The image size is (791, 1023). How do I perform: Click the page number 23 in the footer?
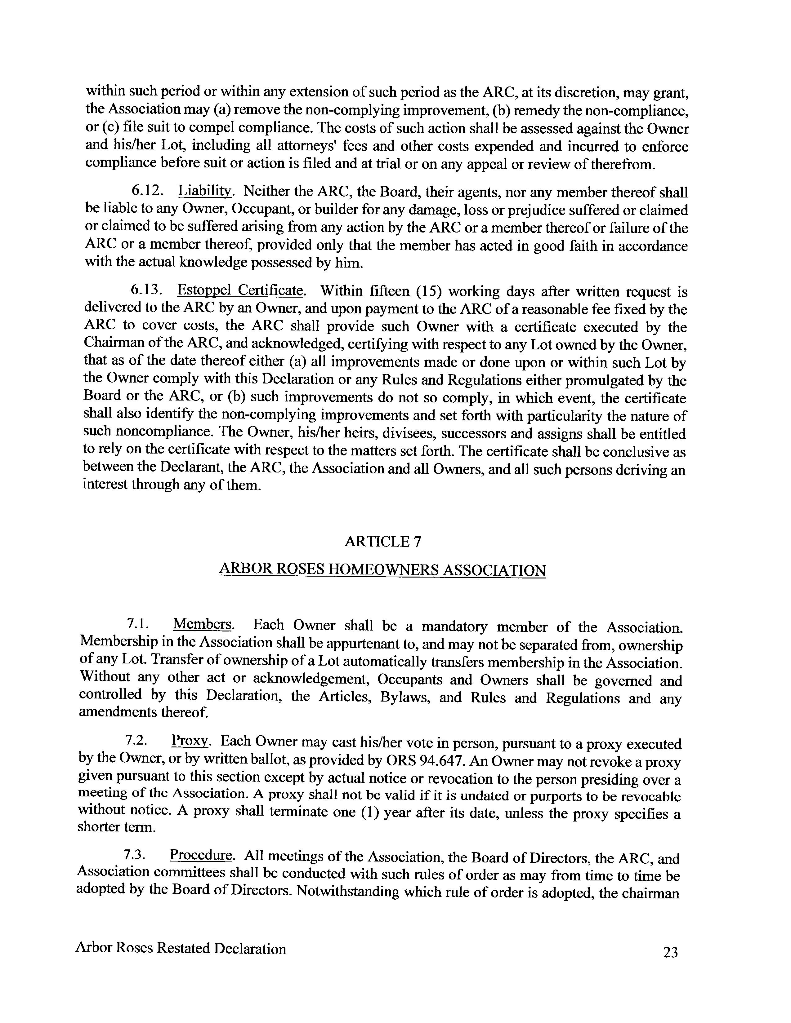(x=670, y=952)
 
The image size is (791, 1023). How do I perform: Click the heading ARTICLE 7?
(x=383, y=542)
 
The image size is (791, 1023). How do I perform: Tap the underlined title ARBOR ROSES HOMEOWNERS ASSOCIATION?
(x=382, y=570)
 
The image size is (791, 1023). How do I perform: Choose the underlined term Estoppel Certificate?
(x=240, y=290)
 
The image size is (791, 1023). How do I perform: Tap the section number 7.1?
(x=138, y=624)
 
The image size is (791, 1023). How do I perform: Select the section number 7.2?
(x=136, y=741)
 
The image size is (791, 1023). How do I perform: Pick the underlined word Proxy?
(x=190, y=741)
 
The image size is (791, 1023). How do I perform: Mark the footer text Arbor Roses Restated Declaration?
(x=181, y=949)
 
